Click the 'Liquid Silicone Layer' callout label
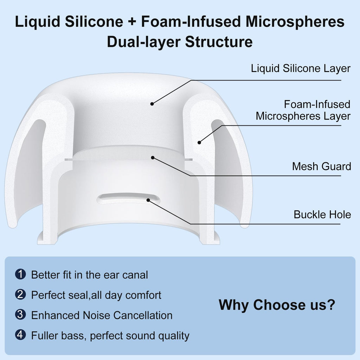[301, 69]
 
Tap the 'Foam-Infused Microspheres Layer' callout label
[303, 110]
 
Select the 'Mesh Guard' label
[321, 166]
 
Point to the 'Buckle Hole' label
[322, 214]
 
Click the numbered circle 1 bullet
[20, 274]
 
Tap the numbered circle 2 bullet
[20, 294]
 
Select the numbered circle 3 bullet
[20, 315]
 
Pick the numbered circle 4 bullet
[20, 335]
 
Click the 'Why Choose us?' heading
[277, 305]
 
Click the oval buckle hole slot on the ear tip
[128, 198]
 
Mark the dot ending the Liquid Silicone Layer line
[152, 104]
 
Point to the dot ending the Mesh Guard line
[153, 157]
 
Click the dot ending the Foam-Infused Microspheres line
[199, 143]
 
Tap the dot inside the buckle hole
[148, 200]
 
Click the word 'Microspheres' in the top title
[295, 21]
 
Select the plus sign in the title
[132, 22]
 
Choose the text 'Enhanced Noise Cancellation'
[102, 315]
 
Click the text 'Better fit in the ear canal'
[90, 275]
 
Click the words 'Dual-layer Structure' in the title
[180, 42]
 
